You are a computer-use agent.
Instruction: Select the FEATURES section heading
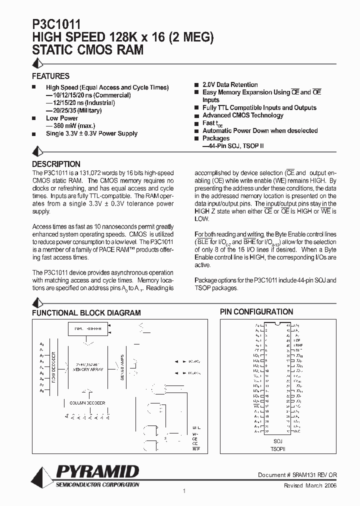pyautogui.click(x=50, y=76)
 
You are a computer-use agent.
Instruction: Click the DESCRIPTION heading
pyautogui.click(x=56, y=164)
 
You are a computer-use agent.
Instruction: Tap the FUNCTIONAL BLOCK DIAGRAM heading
pyautogui.click(x=86, y=313)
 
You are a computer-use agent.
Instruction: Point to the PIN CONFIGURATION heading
pyautogui.click(x=256, y=312)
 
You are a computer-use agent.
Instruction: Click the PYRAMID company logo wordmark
pyautogui.click(x=97, y=471)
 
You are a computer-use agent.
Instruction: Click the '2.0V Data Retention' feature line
pyautogui.click(x=230, y=85)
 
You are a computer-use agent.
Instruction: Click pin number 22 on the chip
pyautogui.click(x=267, y=431)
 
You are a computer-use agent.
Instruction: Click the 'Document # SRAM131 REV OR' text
pyautogui.click(x=297, y=475)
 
